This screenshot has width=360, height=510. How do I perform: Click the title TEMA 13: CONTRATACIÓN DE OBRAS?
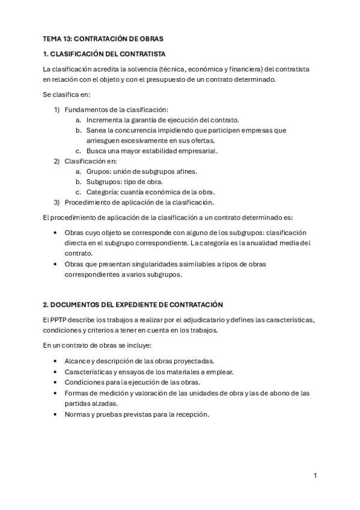click(99, 38)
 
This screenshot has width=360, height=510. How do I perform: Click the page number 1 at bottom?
click(315, 475)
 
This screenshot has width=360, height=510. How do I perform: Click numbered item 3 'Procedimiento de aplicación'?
click(139, 202)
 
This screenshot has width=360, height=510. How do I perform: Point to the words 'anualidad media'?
click(279, 242)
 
